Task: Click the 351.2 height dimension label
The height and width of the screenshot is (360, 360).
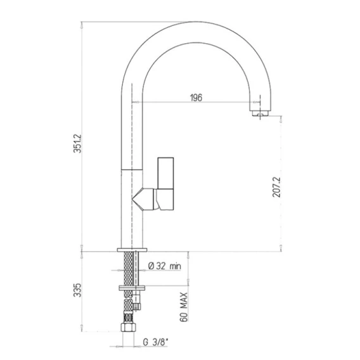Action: click(x=77, y=143)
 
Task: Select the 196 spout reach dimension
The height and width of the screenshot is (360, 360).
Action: click(x=196, y=98)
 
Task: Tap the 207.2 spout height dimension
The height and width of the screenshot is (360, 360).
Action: click(x=276, y=187)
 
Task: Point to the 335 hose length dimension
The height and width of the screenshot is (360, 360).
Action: click(x=77, y=290)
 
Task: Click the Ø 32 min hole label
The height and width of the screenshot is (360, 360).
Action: click(x=164, y=266)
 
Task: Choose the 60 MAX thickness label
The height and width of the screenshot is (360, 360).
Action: click(x=184, y=307)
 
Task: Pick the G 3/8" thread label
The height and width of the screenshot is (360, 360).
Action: click(x=155, y=342)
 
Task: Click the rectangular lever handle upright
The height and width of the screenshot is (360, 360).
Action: click(x=165, y=173)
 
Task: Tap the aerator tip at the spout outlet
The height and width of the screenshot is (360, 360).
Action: click(x=260, y=113)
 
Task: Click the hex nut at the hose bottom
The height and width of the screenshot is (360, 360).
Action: click(x=127, y=327)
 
